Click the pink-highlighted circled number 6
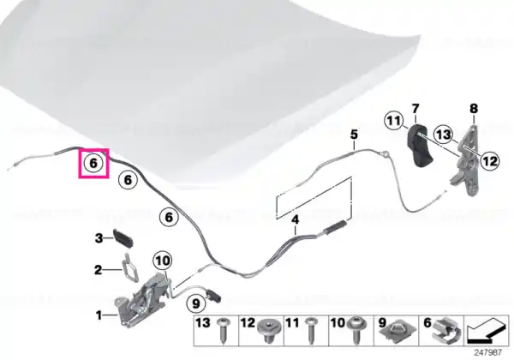tap(93, 163)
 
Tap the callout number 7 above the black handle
tap(415, 108)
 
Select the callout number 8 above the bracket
tap(474, 109)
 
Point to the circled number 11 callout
tap(394, 121)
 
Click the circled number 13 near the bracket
tap(444, 134)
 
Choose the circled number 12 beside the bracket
tap(490, 160)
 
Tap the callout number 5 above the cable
tap(354, 135)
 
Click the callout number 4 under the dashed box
tap(296, 219)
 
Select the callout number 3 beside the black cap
tap(99, 238)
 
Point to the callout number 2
tap(98, 270)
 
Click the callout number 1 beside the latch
tap(99, 315)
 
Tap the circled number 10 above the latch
tap(163, 261)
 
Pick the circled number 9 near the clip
tap(195, 303)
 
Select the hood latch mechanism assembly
tap(142, 300)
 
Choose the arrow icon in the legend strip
tap(487, 331)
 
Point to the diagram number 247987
tap(488, 352)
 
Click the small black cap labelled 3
tap(123, 237)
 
